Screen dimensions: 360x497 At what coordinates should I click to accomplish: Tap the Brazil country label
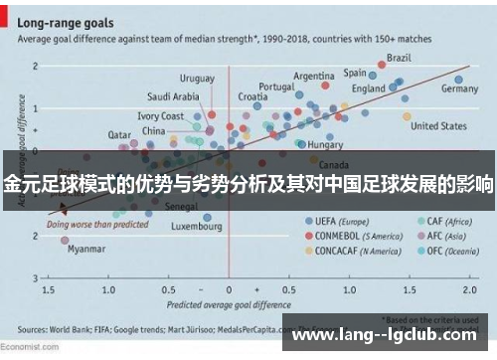399,58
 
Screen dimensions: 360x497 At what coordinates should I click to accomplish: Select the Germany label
458,89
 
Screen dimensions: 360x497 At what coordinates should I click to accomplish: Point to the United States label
438,126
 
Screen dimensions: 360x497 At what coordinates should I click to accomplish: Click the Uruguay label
197,78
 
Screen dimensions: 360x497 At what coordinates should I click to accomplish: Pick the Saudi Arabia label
173,96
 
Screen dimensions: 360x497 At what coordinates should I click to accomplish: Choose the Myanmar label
85,250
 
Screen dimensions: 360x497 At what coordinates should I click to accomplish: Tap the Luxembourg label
197,226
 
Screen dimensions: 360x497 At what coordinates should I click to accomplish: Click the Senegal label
181,206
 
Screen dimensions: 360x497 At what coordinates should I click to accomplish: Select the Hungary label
326,144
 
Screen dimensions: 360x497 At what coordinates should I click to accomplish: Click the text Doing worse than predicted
94,224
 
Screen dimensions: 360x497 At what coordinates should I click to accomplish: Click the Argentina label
313,76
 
